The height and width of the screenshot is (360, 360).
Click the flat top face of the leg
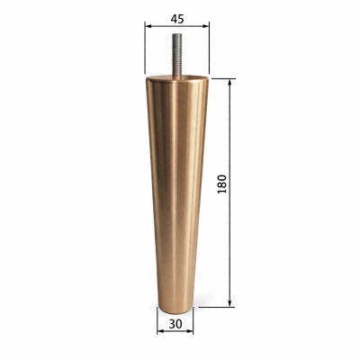click(176, 79)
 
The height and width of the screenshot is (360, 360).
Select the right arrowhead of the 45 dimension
click(206, 27)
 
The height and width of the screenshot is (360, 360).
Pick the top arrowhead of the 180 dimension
click(231, 83)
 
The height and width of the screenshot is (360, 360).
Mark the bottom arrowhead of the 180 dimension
click(231, 304)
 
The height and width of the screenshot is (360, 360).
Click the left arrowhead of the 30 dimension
click(160, 330)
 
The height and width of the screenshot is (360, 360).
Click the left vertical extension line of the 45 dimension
click(144, 49)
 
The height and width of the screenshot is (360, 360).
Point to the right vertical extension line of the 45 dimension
click(209, 49)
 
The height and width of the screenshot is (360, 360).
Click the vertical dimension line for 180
click(231, 135)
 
